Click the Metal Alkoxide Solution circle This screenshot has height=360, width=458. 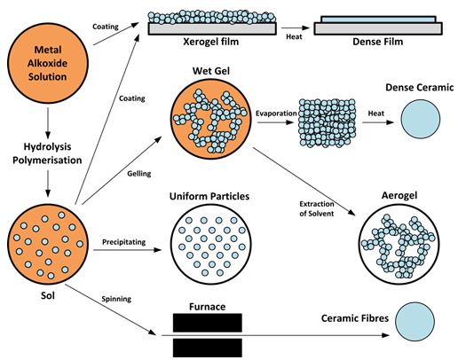(x=48, y=63)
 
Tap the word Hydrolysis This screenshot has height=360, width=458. (x=47, y=146)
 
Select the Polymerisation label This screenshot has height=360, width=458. (x=47, y=160)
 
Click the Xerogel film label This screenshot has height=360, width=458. (x=211, y=42)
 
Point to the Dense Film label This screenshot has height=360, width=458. (x=378, y=42)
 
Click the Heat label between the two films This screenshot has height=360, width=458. (x=294, y=37)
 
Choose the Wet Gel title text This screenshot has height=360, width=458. (x=211, y=71)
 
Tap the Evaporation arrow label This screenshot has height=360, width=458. (x=276, y=113)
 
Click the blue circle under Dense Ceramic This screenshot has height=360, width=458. (x=421, y=119)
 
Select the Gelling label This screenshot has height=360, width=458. (x=139, y=174)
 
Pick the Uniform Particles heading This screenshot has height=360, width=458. (x=209, y=196)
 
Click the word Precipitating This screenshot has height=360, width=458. (x=124, y=242)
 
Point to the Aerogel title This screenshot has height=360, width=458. (x=399, y=195)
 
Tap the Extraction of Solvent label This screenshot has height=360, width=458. (x=317, y=208)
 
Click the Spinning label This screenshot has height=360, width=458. (x=116, y=299)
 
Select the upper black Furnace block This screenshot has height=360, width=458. (x=208, y=323)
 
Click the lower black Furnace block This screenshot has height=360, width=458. (x=208, y=348)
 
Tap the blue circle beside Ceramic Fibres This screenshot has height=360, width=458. (x=415, y=322)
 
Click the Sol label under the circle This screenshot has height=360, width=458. (x=48, y=295)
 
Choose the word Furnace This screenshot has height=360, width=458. (x=207, y=307)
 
